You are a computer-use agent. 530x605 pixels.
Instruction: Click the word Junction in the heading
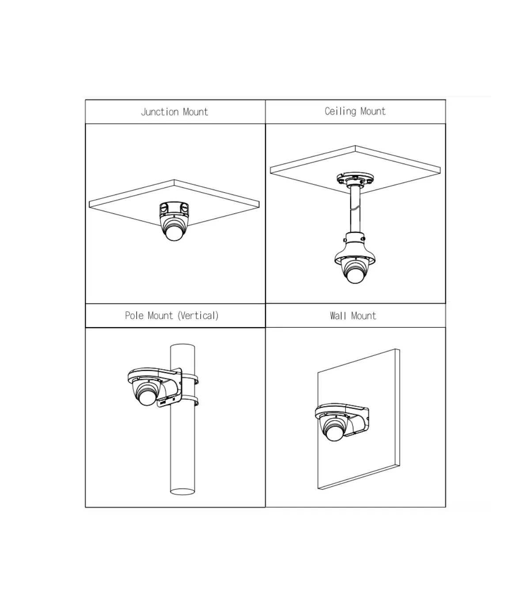160,112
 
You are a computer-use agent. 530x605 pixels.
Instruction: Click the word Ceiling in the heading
341,112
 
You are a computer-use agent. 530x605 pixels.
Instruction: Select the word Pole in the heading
134,316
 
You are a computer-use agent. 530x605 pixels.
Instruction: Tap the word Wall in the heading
338,316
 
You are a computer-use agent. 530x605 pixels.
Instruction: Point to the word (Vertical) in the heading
198,316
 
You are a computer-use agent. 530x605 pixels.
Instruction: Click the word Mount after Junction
195,112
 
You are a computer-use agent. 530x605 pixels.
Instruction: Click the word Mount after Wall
363,316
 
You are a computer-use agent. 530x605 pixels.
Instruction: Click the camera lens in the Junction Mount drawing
174,233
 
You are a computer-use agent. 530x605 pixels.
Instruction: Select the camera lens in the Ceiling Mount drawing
355,275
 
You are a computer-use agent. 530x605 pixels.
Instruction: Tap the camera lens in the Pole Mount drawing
147,397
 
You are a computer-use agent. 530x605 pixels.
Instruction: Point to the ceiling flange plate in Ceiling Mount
355,178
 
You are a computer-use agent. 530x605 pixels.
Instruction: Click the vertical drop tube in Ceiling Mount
355,209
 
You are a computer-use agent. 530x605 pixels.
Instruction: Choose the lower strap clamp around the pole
190,401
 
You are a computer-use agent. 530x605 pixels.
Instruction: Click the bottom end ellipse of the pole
182,492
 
